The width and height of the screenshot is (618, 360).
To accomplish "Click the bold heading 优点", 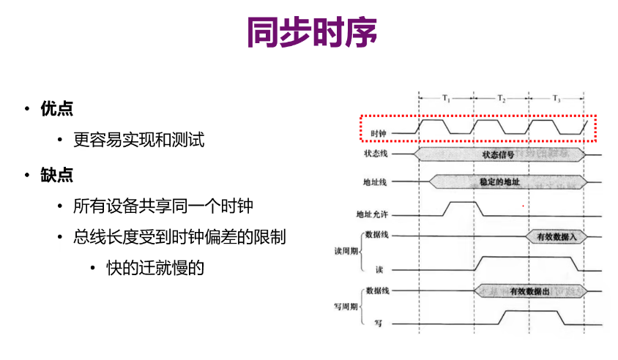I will click(57, 109).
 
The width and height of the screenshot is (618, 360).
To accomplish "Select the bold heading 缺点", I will click(57, 176).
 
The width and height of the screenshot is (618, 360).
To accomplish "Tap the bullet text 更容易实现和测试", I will click(139, 139).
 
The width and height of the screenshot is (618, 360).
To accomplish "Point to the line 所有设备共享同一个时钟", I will click(163, 206).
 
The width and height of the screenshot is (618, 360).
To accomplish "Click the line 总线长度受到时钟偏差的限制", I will click(179, 237).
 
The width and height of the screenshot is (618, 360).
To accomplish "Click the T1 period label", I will click(447, 97).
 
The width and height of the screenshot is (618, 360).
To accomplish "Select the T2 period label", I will click(502, 97).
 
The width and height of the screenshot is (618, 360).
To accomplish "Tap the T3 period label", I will click(556, 97).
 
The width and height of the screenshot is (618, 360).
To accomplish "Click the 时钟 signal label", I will click(378, 133).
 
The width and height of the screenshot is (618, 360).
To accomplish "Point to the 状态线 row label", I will click(375, 154).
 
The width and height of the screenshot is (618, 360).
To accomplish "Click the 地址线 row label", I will click(375, 181).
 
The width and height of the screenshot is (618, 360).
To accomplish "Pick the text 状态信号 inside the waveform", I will click(498, 154).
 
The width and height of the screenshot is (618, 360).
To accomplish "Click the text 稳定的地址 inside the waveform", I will click(499, 181).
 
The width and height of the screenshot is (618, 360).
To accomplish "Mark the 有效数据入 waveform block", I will click(556, 236).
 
